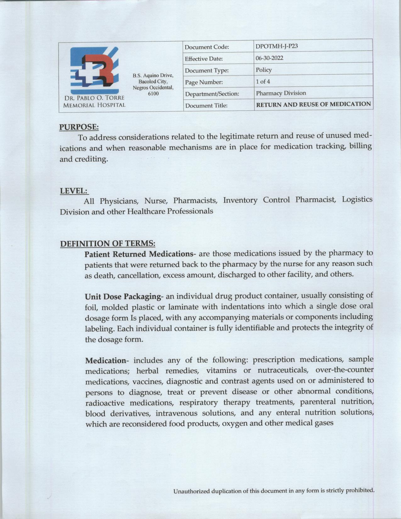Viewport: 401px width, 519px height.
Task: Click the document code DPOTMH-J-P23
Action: (276, 46)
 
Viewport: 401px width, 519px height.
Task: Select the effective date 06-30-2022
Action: (269, 58)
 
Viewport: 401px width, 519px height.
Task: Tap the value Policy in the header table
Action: (264, 70)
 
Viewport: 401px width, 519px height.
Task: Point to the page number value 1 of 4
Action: (263, 81)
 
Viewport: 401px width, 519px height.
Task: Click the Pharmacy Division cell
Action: (281, 93)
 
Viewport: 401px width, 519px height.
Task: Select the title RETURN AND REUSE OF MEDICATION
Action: (313, 104)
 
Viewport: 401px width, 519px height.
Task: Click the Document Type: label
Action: (207, 70)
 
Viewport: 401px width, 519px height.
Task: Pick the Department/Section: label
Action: (212, 94)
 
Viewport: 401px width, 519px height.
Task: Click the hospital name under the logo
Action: (94, 101)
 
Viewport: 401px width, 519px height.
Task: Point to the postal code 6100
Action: (153, 93)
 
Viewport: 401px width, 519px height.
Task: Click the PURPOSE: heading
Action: (79, 127)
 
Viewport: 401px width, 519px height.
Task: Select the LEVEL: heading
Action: (74, 191)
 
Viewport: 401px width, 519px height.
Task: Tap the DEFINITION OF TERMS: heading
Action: (108, 243)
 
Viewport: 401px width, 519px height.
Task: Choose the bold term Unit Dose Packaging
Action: (123, 296)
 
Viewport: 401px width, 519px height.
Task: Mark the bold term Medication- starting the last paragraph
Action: (105, 360)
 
